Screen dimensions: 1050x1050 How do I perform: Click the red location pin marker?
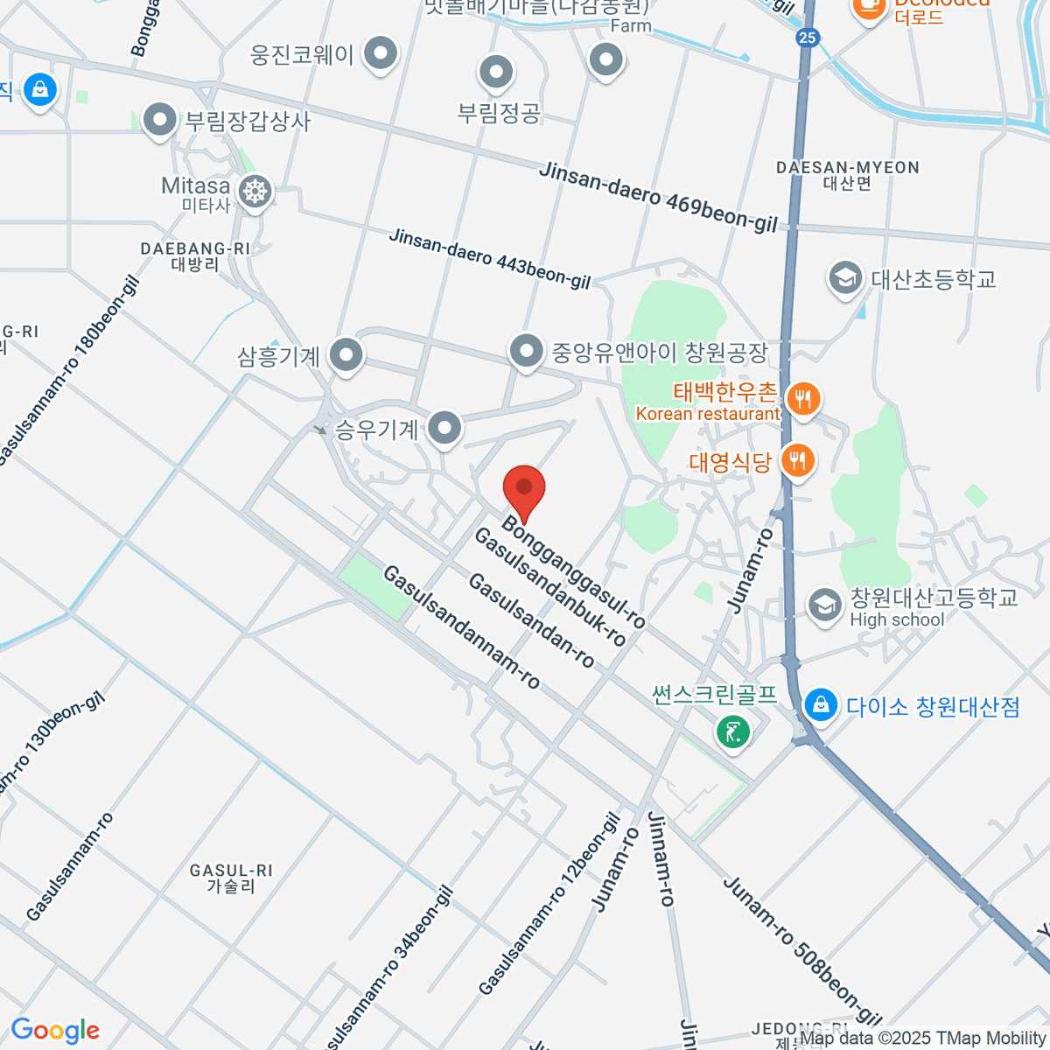click(x=524, y=490)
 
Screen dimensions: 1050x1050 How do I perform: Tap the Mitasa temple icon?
click(x=255, y=191)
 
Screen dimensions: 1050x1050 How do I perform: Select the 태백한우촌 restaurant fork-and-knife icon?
click(x=801, y=400)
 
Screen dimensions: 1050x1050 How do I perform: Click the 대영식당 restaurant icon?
click(x=797, y=460)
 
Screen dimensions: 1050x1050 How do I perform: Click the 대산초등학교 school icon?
click(x=844, y=279)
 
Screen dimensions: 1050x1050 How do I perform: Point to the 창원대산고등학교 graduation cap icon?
click(x=824, y=605)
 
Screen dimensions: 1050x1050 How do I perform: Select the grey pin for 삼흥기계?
click(x=347, y=356)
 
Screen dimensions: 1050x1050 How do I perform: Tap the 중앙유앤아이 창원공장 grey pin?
click(x=526, y=352)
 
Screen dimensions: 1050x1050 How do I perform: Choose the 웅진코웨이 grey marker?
click(x=380, y=54)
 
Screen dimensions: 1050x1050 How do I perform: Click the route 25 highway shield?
click(x=808, y=37)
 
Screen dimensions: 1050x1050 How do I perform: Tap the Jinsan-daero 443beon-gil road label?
click(x=490, y=259)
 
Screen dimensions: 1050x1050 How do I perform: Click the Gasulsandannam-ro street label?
click(x=461, y=626)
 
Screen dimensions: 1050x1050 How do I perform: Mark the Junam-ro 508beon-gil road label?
click(x=801, y=950)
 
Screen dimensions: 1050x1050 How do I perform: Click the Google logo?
click(x=55, y=1031)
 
